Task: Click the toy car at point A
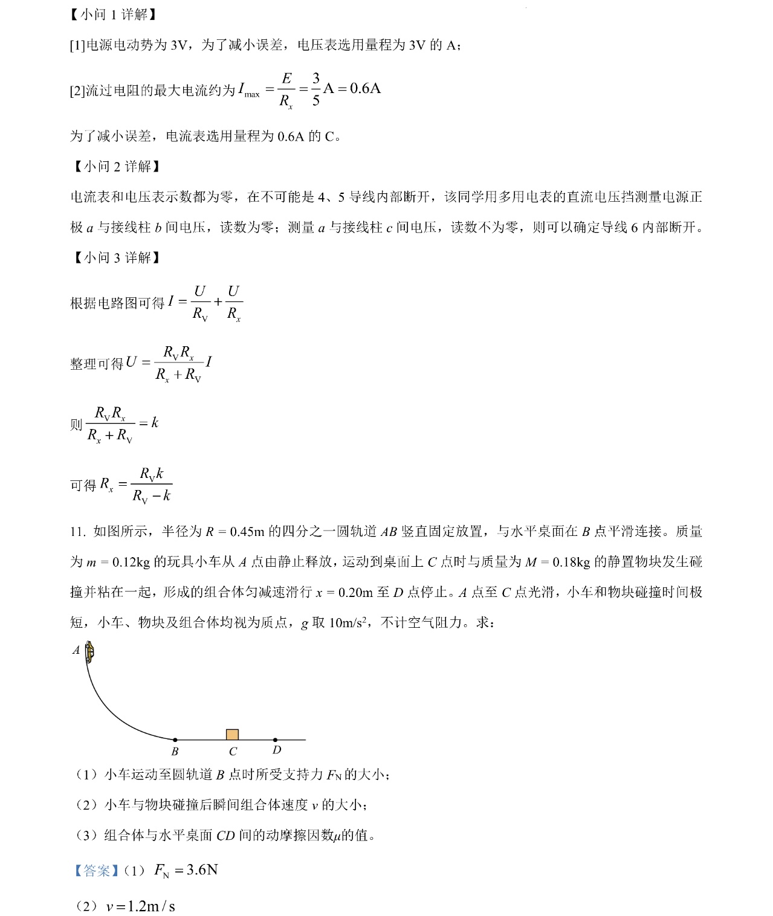pos(89,651)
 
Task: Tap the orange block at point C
pos(232,734)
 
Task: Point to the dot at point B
pos(175,740)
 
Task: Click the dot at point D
pos(276,740)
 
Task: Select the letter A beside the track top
pos(76,650)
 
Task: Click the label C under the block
pos(233,752)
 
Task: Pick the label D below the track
pos(277,750)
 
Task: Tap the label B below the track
pos(175,752)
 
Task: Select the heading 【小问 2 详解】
pos(115,167)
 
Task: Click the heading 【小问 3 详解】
pos(115,258)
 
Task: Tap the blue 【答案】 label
pos(94,871)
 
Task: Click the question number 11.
pos(78,532)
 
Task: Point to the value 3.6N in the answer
pos(202,870)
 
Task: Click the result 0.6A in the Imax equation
pos(365,88)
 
